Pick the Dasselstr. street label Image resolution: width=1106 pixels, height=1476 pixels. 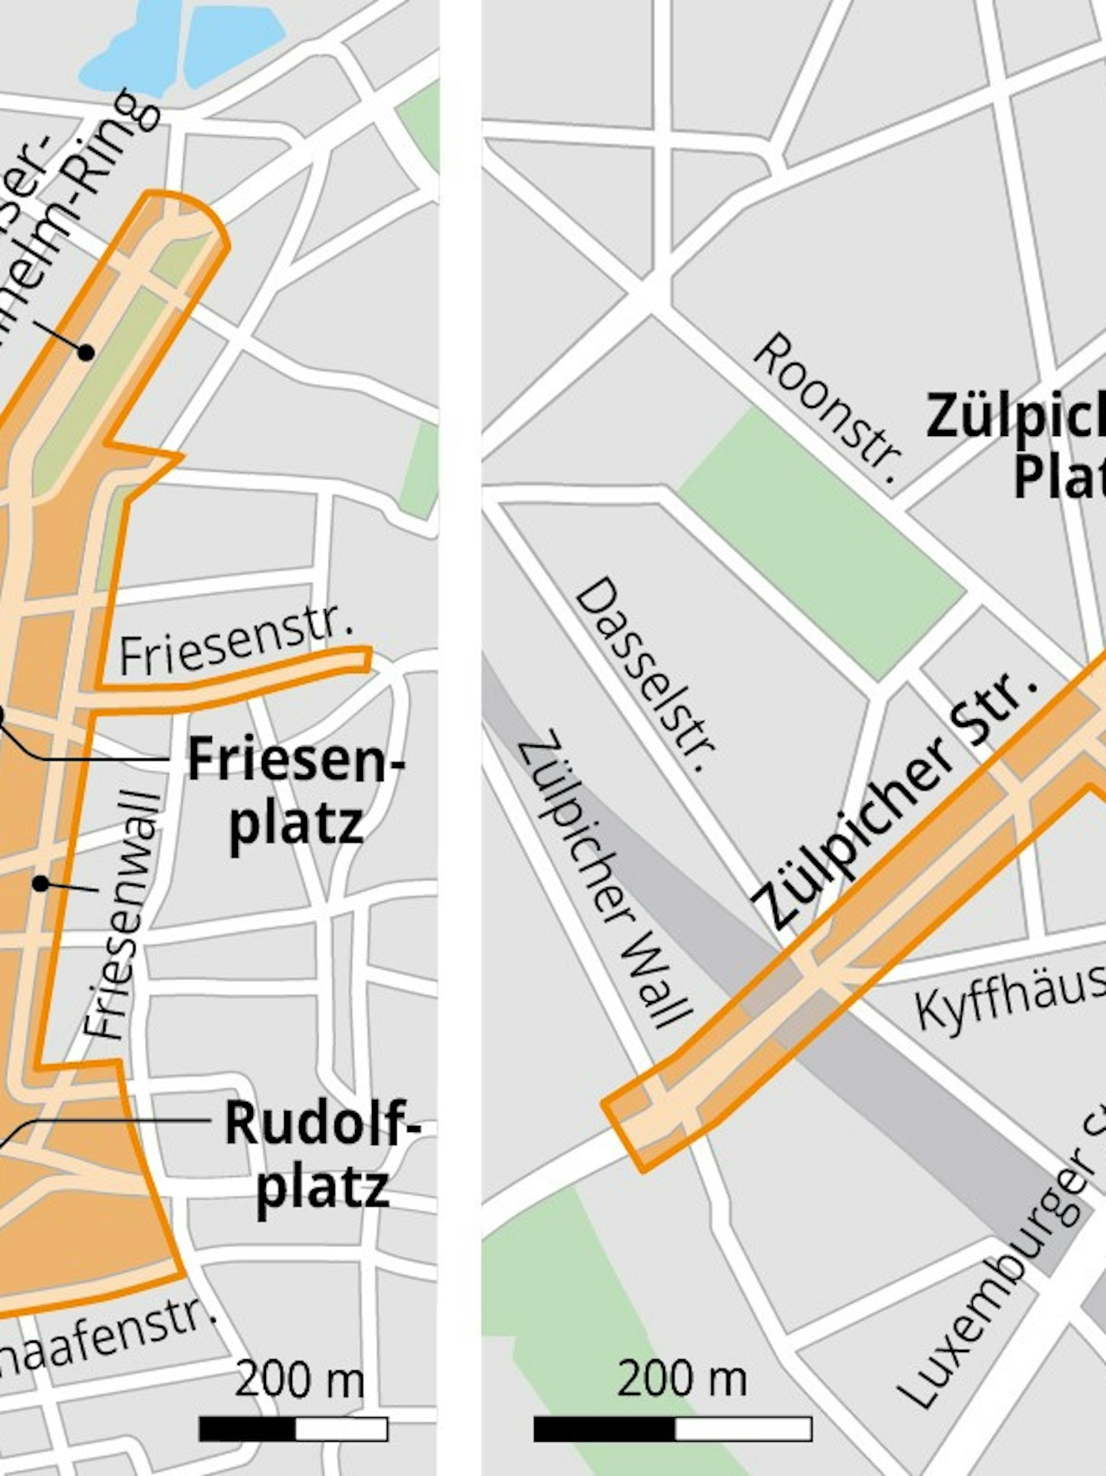[x=646, y=674]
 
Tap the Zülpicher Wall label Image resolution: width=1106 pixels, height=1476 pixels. [x=606, y=877]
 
